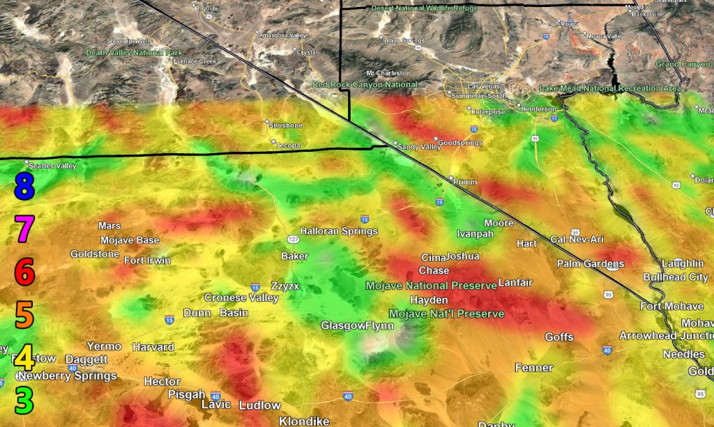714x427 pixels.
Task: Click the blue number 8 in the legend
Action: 24,187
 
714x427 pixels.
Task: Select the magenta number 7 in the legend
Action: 24,228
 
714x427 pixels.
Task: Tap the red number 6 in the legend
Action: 24,272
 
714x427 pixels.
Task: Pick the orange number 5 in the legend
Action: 24,315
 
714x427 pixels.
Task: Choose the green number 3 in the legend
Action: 24,400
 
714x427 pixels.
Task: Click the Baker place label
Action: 294,256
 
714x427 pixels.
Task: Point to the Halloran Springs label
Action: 338,231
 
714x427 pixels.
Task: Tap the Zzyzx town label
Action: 285,286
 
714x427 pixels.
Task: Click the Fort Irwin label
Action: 147,261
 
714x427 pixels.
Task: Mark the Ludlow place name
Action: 259,405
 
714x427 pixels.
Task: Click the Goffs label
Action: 559,337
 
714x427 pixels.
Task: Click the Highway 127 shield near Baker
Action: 294,239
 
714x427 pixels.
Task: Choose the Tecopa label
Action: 287,145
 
